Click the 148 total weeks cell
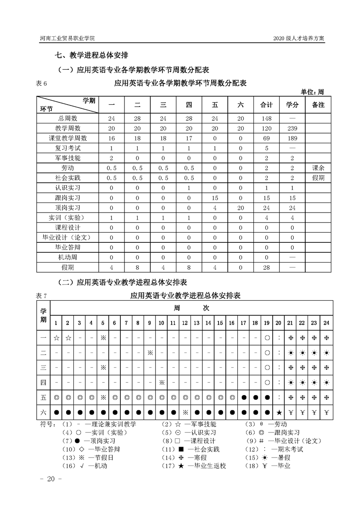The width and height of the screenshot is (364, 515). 266,118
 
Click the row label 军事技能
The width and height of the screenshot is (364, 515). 67,158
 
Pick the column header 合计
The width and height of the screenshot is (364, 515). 266,105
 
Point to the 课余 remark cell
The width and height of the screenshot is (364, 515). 318,168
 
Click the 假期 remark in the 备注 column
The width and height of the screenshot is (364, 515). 318,178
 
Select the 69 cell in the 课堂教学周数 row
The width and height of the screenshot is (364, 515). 266,138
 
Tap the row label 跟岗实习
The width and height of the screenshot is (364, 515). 67,198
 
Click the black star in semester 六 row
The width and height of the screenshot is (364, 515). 279,412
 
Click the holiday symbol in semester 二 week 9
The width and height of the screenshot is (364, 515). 150,353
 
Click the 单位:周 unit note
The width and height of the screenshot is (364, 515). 312,91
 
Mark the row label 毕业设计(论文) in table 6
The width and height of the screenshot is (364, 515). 67,237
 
